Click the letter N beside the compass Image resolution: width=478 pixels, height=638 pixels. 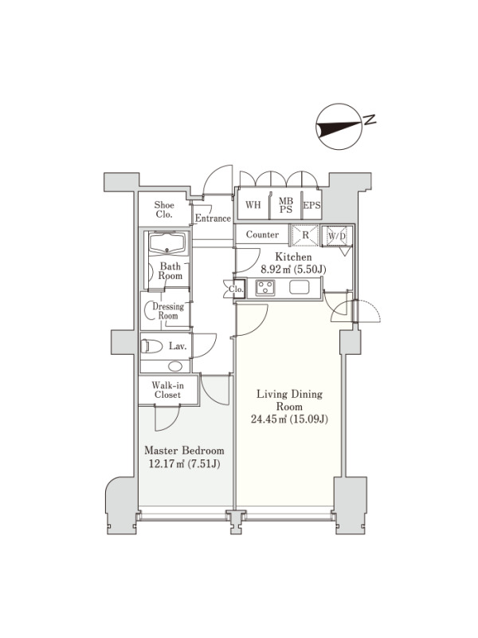pos(370,120)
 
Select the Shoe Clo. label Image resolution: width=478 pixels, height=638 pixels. pos(164,210)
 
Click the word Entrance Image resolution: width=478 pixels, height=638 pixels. pos(213,219)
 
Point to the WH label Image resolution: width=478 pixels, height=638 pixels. pos(253,204)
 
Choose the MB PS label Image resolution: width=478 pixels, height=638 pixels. pos(286,206)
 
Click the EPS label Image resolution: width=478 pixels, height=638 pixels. pos(311,206)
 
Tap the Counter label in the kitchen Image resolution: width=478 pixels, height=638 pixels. pos(262,234)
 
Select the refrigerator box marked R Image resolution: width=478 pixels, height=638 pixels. pos(305,235)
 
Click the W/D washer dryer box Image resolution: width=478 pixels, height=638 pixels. pos(337,235)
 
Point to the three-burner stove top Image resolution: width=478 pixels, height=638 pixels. pos(265,288)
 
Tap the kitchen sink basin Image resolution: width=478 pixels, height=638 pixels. pos(300,288)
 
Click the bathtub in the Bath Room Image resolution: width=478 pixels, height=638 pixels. pos(168,243)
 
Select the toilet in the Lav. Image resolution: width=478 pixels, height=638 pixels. pos(151,346)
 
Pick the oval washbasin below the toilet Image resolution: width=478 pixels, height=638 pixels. pos(175,366)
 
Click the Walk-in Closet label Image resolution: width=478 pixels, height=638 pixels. pos(167,390)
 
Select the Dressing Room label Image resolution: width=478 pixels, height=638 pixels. pos(168,311)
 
